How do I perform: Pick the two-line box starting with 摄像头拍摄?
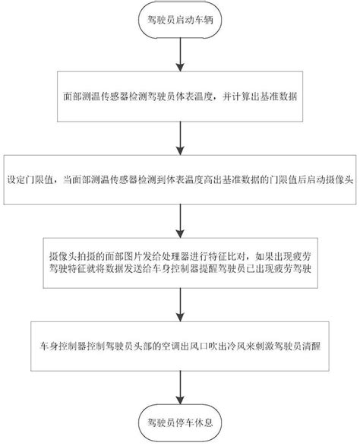[x=179, y=262]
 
